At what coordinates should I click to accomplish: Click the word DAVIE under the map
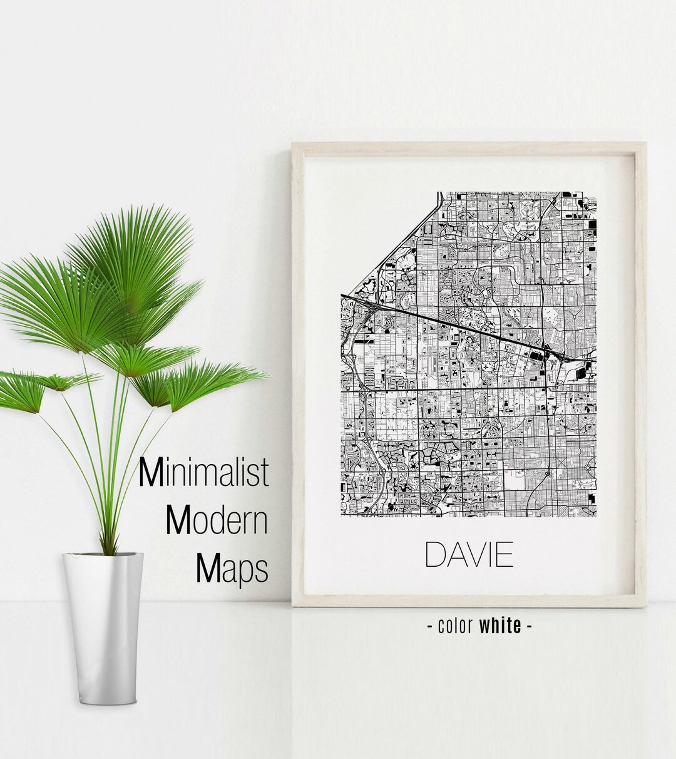[x=469, y=555]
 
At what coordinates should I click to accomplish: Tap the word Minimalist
[x=204, y=473]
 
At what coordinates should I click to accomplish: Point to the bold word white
[x=500, y=626]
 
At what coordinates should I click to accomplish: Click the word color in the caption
[x=456, y=626]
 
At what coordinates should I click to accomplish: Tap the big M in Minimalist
[x=151, y=473]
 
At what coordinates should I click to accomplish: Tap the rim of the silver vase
[x=103, y=555]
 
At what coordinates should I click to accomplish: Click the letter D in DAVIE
[x=435, y=555]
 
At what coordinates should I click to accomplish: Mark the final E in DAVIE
[x=506, y=555]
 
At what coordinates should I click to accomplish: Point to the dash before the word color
[x=430, y=626]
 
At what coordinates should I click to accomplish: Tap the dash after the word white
[x=530, y=626]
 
